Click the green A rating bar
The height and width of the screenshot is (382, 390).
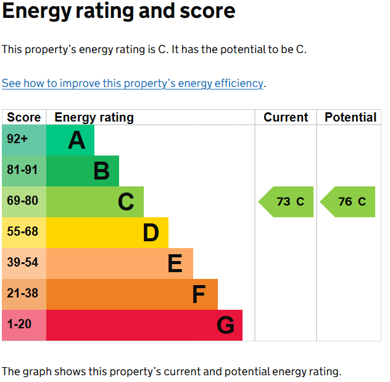click(x=70, y=140)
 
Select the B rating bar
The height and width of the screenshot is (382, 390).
click(x=83, y=171)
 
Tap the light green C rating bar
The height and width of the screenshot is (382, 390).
click(x=95, y=202)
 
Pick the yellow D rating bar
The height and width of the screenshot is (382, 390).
click(x=107, y=233)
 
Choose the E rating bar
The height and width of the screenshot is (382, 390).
click(x=120, y=264)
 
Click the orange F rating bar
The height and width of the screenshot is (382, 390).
click(x=132, y=294)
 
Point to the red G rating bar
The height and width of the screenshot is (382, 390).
click(x=144, y=325)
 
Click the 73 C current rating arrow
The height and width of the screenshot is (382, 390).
click(x=286, y=202)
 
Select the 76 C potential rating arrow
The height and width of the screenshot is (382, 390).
click(x=347, y=202)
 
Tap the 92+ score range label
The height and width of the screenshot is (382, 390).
click(x=17, y=139)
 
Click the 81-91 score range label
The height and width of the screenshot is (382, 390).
click(x=22, y=170)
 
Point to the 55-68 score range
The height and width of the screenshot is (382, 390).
click(x=22, y=231)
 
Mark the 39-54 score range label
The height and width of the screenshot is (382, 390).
click(x=22, y=262)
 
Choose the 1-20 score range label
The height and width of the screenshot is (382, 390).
click(x=19, y=324)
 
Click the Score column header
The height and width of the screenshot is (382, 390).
click(x=24, y=117)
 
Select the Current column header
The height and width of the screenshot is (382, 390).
click(x=286, y=117)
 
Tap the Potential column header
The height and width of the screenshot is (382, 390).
click(x=351, y=117)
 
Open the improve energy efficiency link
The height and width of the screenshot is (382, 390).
click(x=133, y=83)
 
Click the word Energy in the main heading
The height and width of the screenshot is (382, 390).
click(x=37, y=12)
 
